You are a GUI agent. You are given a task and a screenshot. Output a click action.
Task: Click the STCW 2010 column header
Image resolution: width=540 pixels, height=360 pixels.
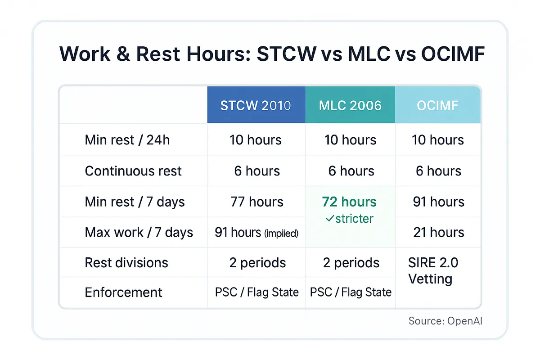[x=256, y=106]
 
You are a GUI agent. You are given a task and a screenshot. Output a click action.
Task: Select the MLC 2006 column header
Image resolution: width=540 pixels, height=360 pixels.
[x=350, y=106]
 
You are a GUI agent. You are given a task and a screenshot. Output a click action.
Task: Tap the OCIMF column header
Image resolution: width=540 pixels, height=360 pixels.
[x=438, y=106]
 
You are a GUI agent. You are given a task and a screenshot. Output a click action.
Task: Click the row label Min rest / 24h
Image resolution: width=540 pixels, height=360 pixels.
[x=127, y=140]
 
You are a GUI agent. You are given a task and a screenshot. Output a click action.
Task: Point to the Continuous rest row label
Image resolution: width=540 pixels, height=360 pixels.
[x=133, y=171]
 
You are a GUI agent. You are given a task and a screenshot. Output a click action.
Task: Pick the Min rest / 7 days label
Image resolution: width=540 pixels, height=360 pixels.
[x=135, y=202]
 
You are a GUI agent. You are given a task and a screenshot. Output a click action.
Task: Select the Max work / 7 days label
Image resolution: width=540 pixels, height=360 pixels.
[x=139, y=232]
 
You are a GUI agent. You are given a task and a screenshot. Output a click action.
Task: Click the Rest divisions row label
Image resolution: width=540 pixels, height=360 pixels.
[x=126, y=263]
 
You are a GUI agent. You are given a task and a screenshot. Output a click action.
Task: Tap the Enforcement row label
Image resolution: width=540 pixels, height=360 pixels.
[x=123, y=292]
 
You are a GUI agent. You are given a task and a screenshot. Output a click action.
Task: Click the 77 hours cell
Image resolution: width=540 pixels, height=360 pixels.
[x=256, y=202]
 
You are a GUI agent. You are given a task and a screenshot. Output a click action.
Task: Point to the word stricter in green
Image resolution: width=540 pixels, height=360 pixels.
[x=354, y=219]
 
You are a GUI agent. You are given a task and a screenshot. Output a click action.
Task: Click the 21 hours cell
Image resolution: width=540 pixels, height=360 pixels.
[x=438, y=232]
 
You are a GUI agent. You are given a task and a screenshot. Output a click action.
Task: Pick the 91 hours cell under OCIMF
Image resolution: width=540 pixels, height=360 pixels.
[x=438, y=202]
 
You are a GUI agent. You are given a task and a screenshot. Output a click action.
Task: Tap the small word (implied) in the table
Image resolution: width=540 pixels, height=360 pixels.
[x=282, y=234]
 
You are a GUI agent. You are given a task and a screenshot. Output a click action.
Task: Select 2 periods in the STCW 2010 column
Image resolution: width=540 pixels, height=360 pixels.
[x=256, y=263]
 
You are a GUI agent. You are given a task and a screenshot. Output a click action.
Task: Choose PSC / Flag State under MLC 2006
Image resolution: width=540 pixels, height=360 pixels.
[x=351, y=292]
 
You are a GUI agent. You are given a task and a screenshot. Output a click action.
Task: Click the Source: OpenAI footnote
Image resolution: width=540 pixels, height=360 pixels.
[x=445, y=321]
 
